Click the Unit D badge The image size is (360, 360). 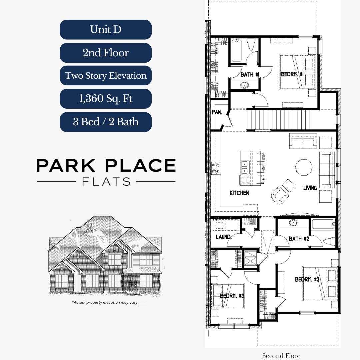(x=106, y=30)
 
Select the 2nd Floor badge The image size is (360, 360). (x=106, y=53)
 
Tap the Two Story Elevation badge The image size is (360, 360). (x=106, y=76)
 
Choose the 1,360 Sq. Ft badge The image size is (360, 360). (x=106, y=99)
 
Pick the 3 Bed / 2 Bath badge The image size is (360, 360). (x=106, y=122)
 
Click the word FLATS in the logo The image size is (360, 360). (x=106, y=182)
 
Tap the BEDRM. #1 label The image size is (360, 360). (x=291, y=75)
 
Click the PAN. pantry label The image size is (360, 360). (x=217, y=112)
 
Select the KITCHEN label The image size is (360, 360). (x=239, y=193)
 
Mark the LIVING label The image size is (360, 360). (x=310, y=188)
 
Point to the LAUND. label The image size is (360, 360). (x=223, y=237)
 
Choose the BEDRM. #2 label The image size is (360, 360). (x=307, y=280)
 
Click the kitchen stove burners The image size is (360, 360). (x=216, y=168)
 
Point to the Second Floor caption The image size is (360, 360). (x=281, y=356)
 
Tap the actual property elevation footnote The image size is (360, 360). (x=105, y=303)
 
